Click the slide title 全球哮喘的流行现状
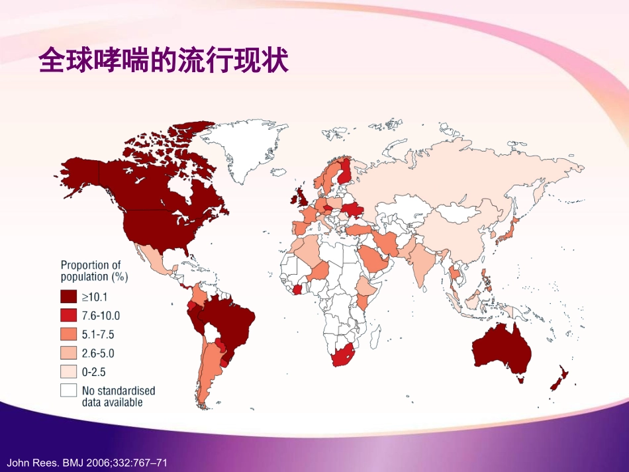164,62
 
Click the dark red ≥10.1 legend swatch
69,296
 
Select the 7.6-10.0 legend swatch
69,315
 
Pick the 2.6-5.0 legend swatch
69,354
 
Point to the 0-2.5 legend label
93,373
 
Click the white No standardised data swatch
69,391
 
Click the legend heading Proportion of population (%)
91,271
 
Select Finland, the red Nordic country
345,174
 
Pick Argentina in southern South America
209,371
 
